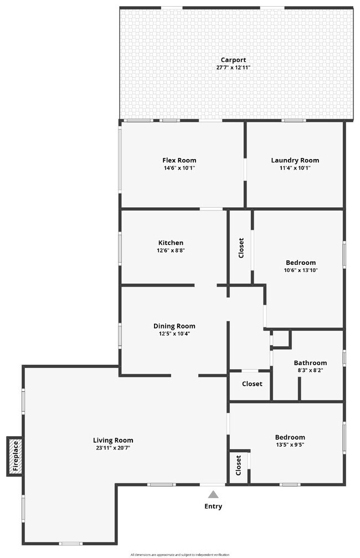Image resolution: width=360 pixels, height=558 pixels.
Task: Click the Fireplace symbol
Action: pyautogui.click(x=15, y=456)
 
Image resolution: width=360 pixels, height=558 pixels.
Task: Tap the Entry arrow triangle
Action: pyautogui.click(x=213, y=494)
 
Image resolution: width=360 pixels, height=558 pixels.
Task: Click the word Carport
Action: pyautogui.click(x=233, y=60)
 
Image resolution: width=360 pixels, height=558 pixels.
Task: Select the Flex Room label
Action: pyautogui.click(x=179, y=160)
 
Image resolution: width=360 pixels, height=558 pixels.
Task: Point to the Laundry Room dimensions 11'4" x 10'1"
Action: pyautogui.click(x=295, y=168)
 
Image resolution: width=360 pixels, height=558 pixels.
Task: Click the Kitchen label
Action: pyautogui.click(x=171, y=243)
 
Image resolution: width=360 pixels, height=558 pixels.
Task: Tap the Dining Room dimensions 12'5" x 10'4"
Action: pyautogui.click(x=174, y=334)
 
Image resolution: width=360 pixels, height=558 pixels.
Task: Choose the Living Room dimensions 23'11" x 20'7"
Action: pyautogui.click(x=113, y=448)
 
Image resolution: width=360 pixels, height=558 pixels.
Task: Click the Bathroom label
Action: pyautogui.click(x=310, y=363)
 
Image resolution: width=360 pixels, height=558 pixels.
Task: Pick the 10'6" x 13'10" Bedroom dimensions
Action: pyautogui.click(x=301, y=270)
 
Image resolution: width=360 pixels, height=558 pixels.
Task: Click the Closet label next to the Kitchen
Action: pyautogui.click(x=241, y=248)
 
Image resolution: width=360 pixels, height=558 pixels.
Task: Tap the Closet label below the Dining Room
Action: pyautogui.click(x=252, y=384)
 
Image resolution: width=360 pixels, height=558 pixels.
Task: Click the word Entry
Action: pyautogui.click(x=213, y=506)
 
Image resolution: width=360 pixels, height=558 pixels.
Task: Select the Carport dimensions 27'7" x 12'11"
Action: pyautogui.click(x=233, y=68)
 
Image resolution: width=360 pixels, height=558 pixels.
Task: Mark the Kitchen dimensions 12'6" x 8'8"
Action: pyautogui.click(x=171, y=250)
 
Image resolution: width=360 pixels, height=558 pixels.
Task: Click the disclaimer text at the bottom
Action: pyautogui.click(x=179, y=554)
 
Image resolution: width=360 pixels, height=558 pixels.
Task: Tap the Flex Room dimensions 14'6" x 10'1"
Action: pyautogui.click(x=179, y=168)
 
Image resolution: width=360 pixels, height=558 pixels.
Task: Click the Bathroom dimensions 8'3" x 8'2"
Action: pyautogui.click(x=310, y=370)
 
